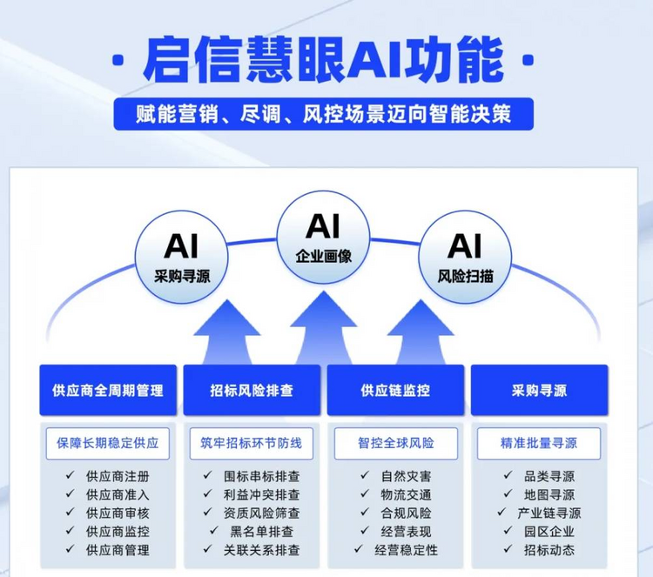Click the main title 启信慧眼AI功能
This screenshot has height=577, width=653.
(323, 61)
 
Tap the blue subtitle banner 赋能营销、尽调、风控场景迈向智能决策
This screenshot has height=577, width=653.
(324, 114)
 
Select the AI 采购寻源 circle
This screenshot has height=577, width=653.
(182, 257)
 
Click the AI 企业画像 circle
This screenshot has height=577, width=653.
(324, 238)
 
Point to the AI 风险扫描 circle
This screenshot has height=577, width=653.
(465, 257)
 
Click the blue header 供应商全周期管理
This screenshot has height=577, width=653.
(108, 390)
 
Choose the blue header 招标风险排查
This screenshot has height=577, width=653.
(252, 390)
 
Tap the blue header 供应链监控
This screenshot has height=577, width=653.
(395, 390)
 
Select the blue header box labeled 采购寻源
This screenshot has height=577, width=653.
(539, 390)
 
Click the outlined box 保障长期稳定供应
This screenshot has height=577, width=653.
(108, 443)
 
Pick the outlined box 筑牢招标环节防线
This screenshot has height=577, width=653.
(251, 443)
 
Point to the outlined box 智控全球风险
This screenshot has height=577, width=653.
(396, 443)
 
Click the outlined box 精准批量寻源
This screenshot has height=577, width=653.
(539, 443)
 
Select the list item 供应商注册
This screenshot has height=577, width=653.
(118, 476)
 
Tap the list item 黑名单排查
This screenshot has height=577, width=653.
(261, 532)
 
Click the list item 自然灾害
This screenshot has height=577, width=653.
(406, 476)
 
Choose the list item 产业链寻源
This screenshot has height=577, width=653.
(549, 513)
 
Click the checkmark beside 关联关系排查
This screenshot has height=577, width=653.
(208, 549)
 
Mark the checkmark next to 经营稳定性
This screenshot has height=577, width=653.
(359, 549)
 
